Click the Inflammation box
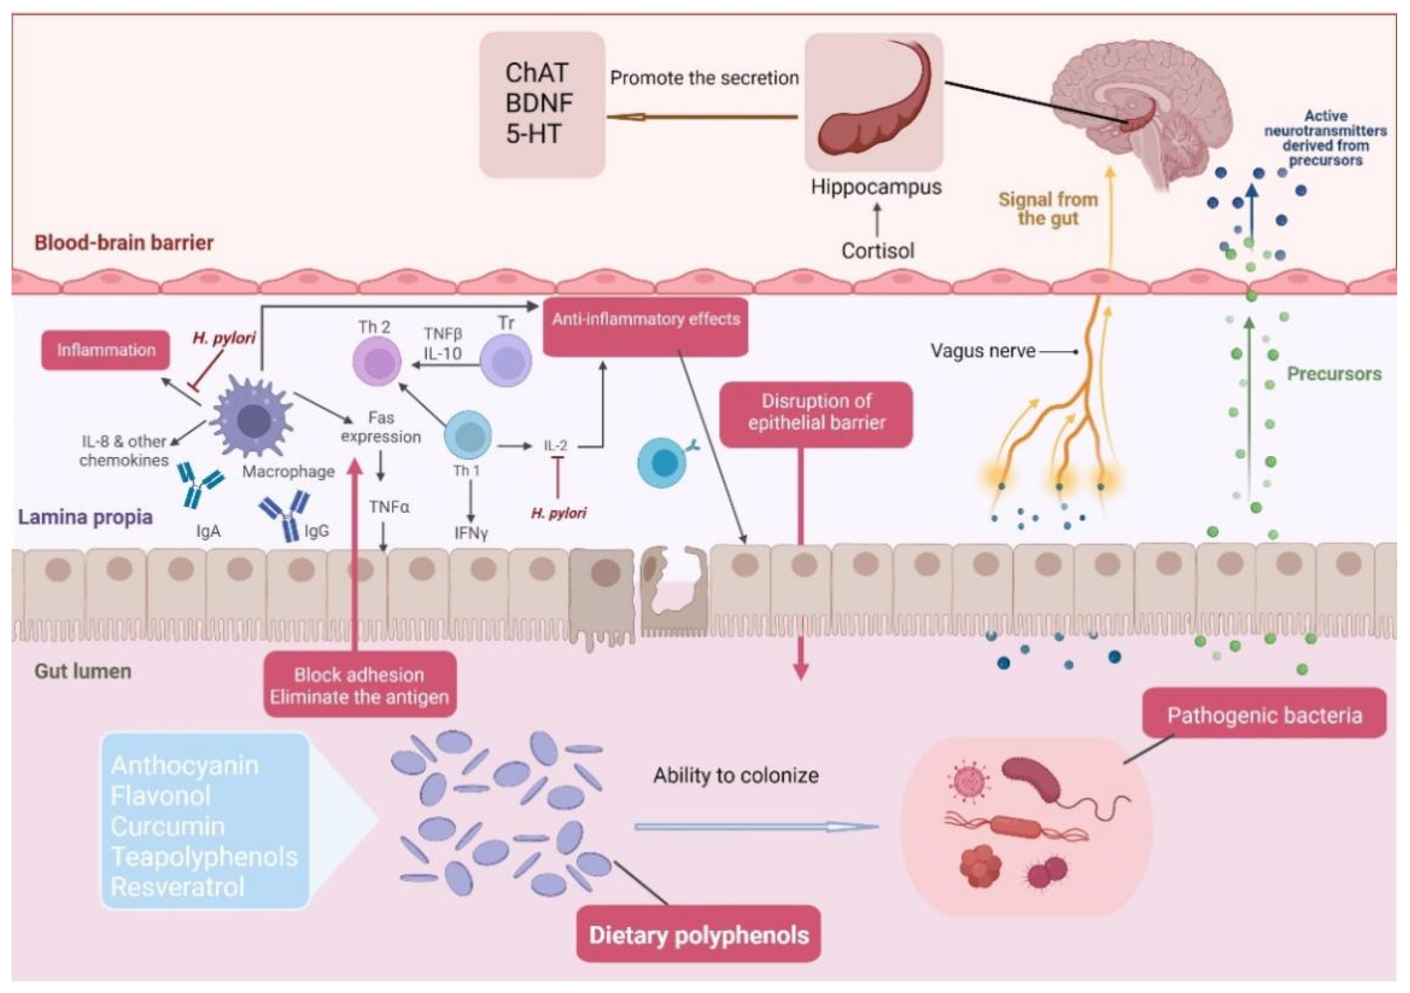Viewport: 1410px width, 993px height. (x=106, y=350)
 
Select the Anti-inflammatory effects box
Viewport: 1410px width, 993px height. (x=645, y=327)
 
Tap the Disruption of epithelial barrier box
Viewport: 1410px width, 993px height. (x=816, y=415)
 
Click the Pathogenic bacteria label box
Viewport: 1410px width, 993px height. (x=1264, y=713)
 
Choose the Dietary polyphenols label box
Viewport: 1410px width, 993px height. (x=699, y=934)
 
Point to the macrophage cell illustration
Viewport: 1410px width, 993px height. (x=252, y=418)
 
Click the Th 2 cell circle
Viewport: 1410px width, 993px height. (x=377, y=362)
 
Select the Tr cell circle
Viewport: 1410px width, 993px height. (x=506, y=360)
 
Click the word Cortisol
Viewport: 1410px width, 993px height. (x=878, y=250)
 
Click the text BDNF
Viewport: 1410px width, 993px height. (x=539, y=103)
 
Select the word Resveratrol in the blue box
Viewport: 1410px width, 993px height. (x=177, y=887)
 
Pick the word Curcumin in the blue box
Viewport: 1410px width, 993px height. (x=168, y=827)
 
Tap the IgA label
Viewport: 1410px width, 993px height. (x=208, y=531)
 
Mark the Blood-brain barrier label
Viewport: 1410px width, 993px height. (x=124, y=242)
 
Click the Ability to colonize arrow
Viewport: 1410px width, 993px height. (x=757, y=827)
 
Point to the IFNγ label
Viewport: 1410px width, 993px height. (x=471, y=533)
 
